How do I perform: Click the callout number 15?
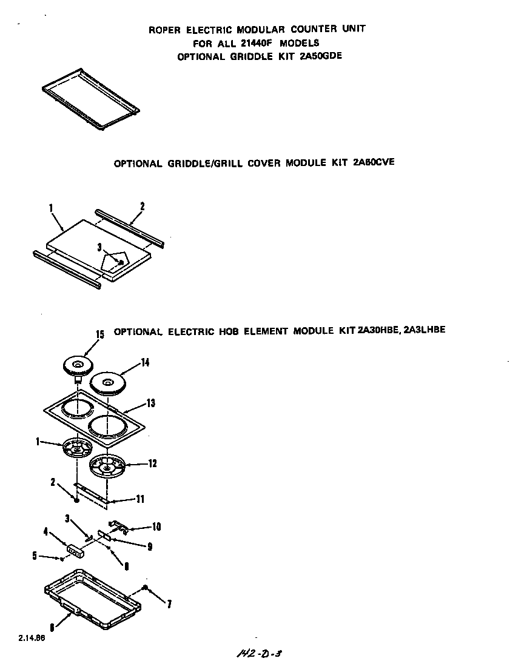[101, 334]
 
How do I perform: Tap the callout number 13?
[150, 403]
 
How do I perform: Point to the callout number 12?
[152, 463]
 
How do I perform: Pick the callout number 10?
[156, 526]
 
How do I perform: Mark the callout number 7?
[169, 603]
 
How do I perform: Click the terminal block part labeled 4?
[76, 549]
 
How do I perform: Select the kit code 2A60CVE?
[374, 163]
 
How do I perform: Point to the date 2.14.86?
[31, 638]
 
